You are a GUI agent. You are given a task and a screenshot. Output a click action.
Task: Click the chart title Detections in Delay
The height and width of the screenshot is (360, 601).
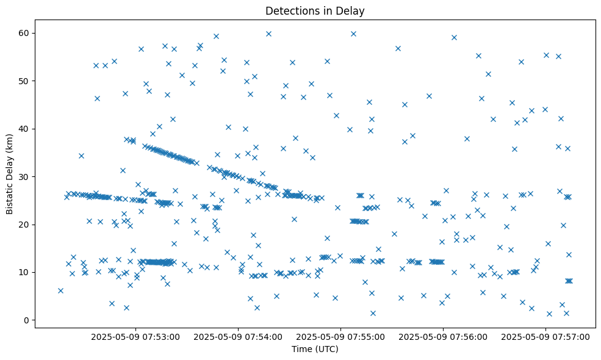coord(315,11)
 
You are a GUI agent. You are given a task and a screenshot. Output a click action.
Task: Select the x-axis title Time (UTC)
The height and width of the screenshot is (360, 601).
coord(315,349)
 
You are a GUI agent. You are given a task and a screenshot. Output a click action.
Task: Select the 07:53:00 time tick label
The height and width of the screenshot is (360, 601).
coord(135,336)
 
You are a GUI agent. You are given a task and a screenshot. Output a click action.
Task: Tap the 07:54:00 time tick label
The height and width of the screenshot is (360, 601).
coord(238,336)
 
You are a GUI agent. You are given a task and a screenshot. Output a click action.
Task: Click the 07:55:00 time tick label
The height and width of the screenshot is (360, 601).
coord(340,336)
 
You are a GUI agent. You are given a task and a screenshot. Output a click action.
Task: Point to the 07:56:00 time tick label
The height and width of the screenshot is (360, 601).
coord(443,336)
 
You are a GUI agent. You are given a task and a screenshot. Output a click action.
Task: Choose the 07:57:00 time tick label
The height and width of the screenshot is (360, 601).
coord(545,336)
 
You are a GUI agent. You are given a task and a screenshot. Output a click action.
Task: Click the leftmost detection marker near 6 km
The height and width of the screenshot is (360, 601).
coord(60,290)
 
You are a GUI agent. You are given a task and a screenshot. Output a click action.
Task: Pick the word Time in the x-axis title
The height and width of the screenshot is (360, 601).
coord(302,349)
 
